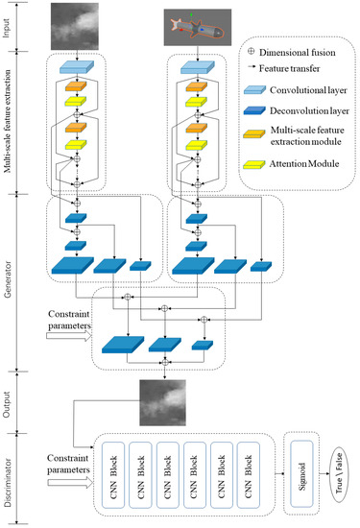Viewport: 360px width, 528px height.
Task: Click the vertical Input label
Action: click(x=9, y=26)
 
